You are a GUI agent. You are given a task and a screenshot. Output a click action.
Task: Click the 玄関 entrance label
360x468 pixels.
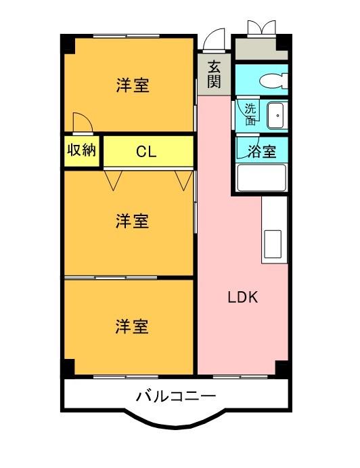click(215, 74)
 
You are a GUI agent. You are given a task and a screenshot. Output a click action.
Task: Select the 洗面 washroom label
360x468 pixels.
click(250, 114)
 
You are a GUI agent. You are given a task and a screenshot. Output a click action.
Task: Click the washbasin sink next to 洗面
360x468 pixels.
click(276, 116)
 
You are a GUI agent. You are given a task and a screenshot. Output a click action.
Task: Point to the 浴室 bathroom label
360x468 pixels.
click(261, 151)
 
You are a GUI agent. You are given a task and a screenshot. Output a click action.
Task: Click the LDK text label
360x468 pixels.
click(242, 297)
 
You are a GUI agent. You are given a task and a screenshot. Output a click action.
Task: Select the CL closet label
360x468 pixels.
click(146, 152)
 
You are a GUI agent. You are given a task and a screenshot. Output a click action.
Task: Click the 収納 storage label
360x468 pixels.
click(82, 150)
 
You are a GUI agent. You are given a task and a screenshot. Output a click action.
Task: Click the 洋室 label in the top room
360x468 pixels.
click(133, 85)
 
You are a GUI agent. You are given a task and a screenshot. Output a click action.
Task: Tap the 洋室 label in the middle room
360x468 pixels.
click(132, 221)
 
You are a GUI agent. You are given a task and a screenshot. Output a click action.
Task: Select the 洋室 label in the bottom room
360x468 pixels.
click(132, 326)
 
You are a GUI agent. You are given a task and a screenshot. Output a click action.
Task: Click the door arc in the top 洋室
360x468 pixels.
click(82, 121)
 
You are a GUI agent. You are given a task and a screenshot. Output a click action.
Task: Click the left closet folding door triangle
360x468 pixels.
click(114, 179)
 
